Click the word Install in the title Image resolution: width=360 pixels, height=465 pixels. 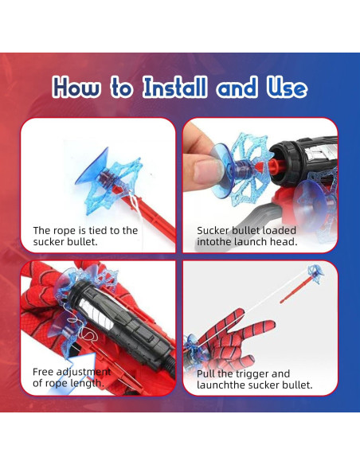(174, 88)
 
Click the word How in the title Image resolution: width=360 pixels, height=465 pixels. (76, 88)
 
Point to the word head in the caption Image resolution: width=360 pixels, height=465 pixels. (284, 242)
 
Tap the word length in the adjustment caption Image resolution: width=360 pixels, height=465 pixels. (88, 383)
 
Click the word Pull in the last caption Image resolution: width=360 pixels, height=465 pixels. (205, 373)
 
